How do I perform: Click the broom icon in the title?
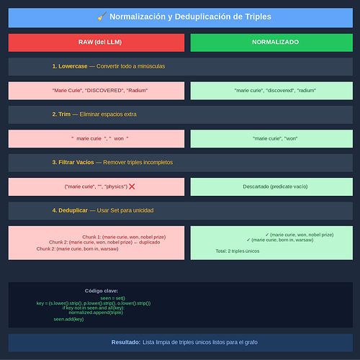pyautogui.click(x=102, y=17)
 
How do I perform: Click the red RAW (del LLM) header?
pyautogui.click(x=96, y=42)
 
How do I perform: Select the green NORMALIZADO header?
pyautogui.click(x=271, y=42)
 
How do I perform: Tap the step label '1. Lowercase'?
pyautogui.click(x=70, y=66)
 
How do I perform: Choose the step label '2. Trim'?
pyautogui.click(x=61, y=114)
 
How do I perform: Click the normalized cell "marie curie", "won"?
pyautogui.click(x=271, y=139)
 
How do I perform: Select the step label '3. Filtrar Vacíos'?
pyautogui.click(x=73, y=162)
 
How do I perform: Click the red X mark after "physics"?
pyautogui.click(x=132, y=186)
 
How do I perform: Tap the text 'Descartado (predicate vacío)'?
pyautogui.click(x=275, y=186)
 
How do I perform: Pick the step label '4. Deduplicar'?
pyautogui.click(x=70, y=210)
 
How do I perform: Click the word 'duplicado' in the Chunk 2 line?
pyautogui.click(x=150, y=242)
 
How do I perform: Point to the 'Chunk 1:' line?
pyautogui.click(x=124, y=237)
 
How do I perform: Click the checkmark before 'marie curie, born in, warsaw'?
pyautogui.click(x=248, y=240)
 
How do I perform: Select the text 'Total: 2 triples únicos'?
pyautogui.click(x=238, y=251)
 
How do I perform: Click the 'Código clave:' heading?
pyautogui.click(x=102, y=291)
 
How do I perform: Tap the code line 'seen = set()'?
pyautogui.click(x=113, y=298)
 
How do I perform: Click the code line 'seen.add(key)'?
pyautogui.click(x=68, y=319)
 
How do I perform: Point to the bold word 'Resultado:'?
pyautogui.click(x=126, y=342)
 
